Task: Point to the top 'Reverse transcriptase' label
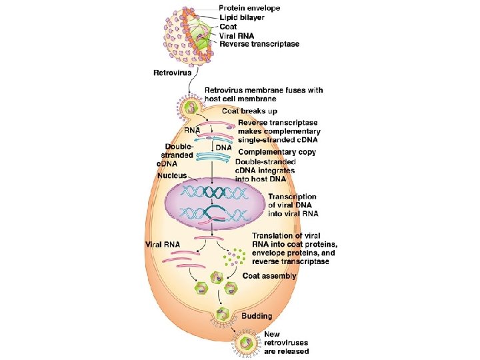(x=259, y=45)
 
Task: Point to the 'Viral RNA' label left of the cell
(x=163, y=245)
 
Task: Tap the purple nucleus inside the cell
(x=213, y=203)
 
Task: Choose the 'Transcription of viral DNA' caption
(x=293, y=205)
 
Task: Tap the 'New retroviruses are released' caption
(x=286, y=343)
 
